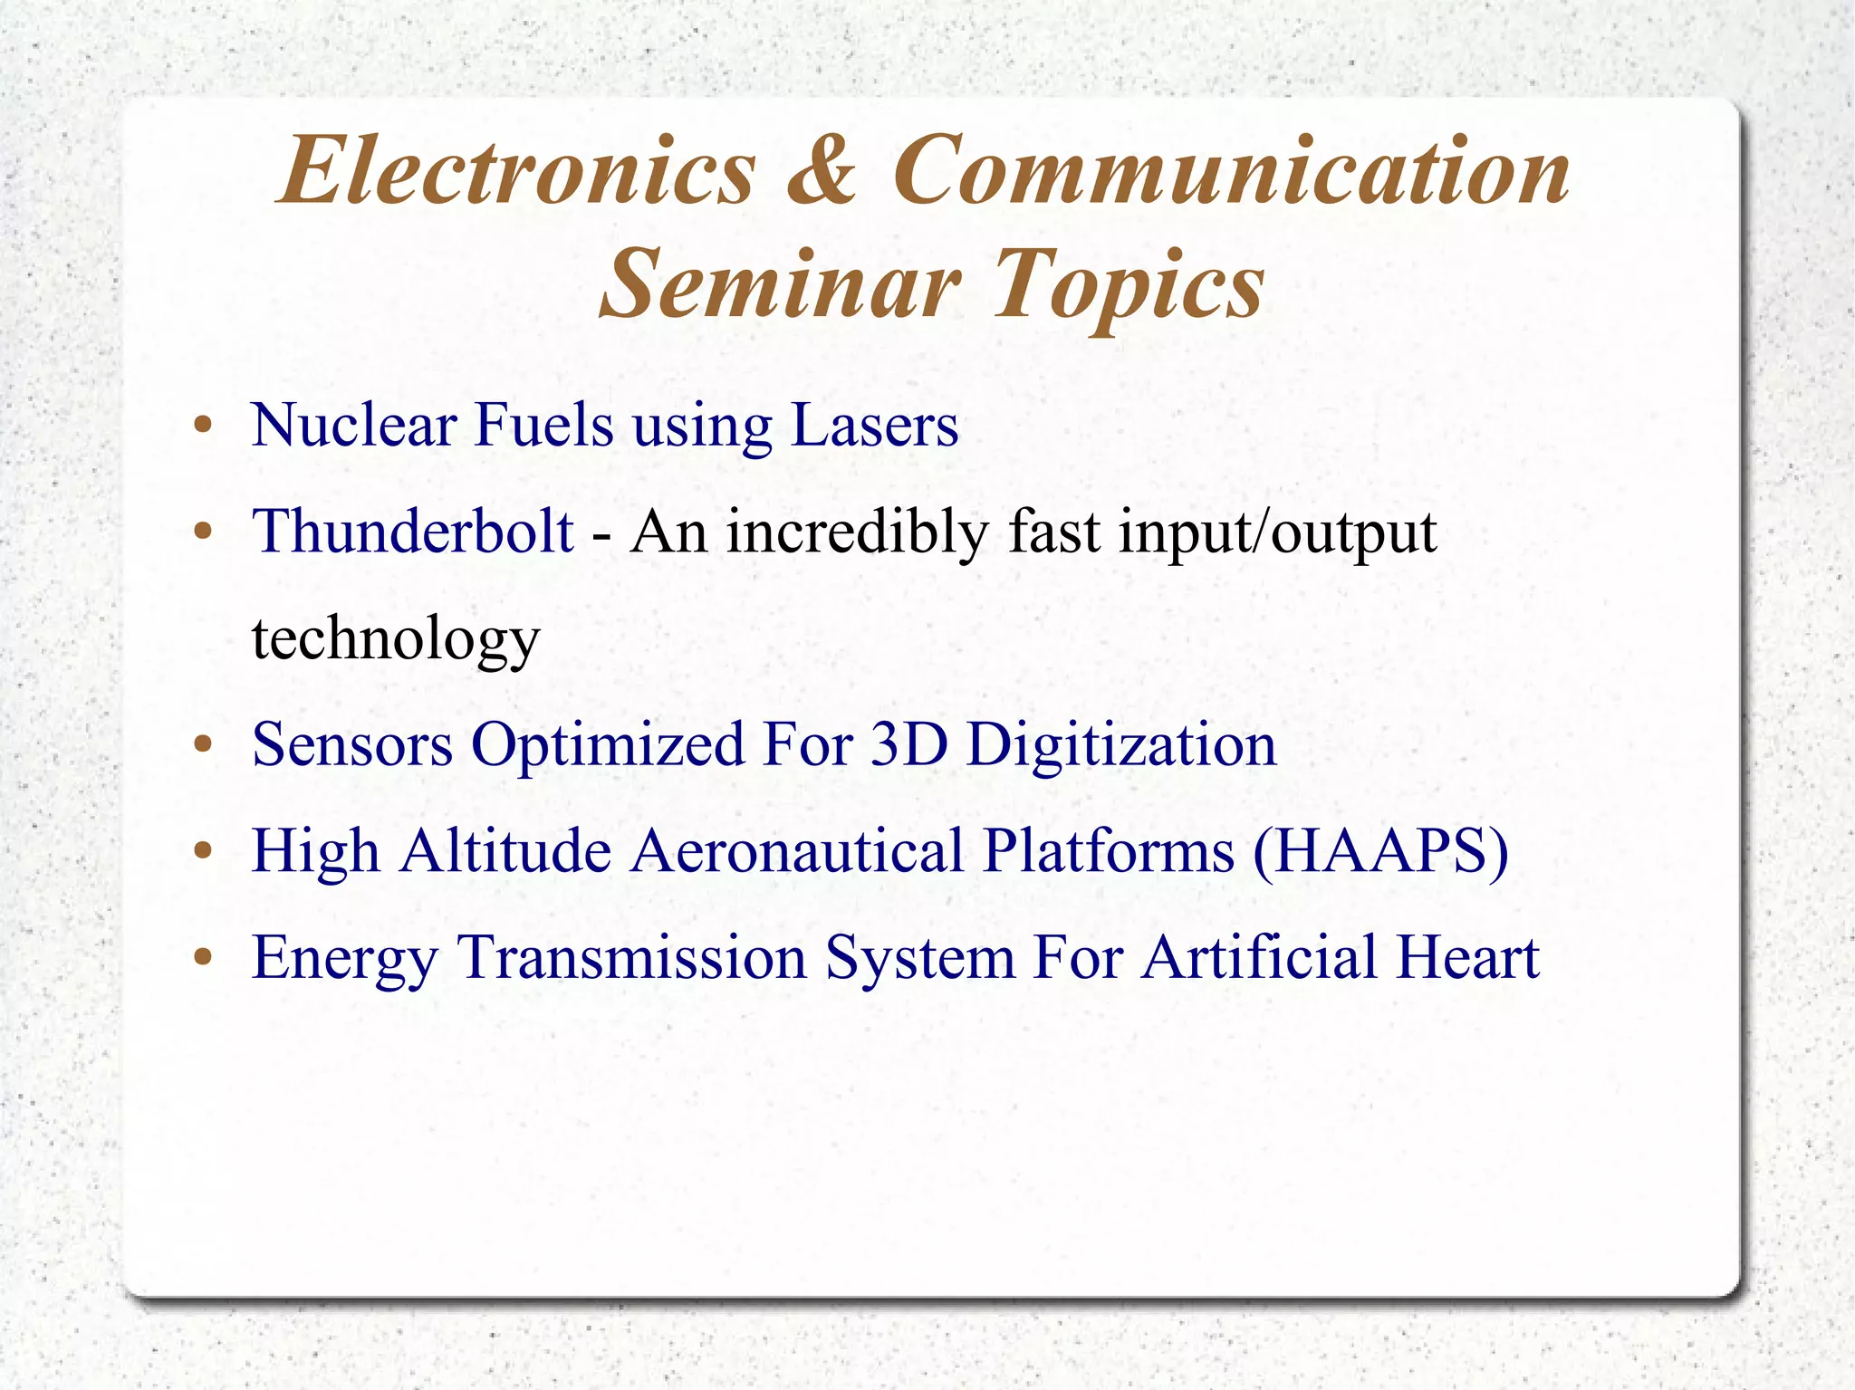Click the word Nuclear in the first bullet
[353, 425]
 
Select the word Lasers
[874, 425]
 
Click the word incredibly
[857, 532]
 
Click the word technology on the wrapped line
[396, 639]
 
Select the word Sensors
[352, 745]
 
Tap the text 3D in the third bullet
[908, 745]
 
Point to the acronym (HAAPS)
[1381, 852]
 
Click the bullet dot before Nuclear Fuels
[203, 426]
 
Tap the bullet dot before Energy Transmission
[203, 958]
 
